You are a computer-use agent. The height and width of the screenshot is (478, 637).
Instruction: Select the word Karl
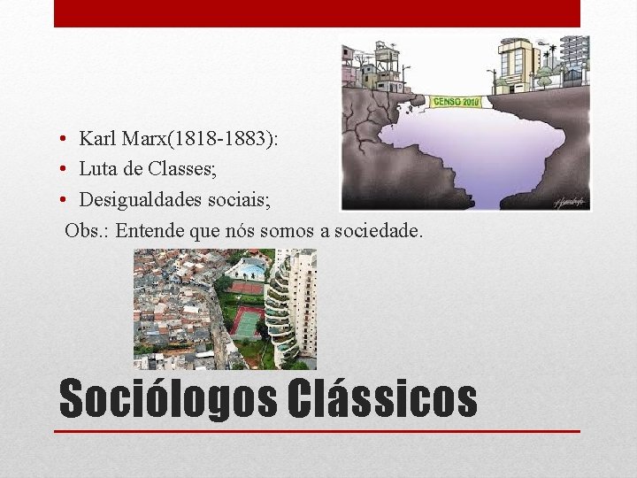[95, 139]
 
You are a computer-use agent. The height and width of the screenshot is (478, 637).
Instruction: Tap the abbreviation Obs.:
[87, 231]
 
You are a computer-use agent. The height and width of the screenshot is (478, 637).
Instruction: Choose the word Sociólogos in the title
[168, 399]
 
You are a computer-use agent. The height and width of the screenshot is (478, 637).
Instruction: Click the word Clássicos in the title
[382, 399]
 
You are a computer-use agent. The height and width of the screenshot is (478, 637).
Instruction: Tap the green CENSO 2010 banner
[457, 101]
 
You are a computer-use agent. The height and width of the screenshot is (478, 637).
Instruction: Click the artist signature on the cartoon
[569, 201]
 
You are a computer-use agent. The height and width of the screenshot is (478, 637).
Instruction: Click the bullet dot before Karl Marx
[66, 140]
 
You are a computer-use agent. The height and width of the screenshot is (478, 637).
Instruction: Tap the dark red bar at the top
[317, 13]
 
